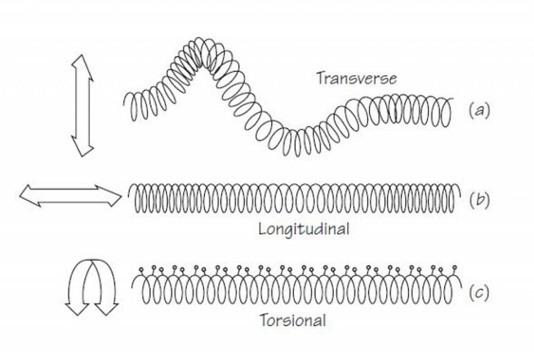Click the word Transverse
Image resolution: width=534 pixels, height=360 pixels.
click(x=357, y=78)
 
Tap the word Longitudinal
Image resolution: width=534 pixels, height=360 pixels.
click(x=304, y=229)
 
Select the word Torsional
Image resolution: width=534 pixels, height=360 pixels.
click(x=293, y=320)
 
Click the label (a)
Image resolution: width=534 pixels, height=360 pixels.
click(x=479, y=110)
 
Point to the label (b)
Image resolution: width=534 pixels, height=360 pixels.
click(x=479, y=200)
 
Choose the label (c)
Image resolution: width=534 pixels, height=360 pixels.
click(x=479, y=293)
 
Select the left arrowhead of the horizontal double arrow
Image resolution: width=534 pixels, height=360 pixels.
click(x=30, y=196)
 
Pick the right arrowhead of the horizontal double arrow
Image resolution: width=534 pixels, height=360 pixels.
click(x=110, y=196)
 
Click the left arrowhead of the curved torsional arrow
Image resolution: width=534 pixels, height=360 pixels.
click(x=76, y=309)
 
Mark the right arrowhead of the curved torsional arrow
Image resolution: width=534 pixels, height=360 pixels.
click(x=106, y=309)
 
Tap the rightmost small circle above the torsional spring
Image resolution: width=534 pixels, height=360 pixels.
click(x=455, y=268)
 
